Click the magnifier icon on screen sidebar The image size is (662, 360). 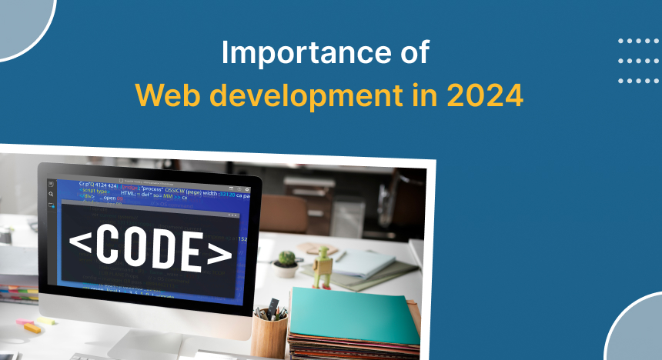coord(51,195)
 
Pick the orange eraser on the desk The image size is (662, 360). coord(32,327)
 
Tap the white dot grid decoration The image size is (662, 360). coord(639,61)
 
